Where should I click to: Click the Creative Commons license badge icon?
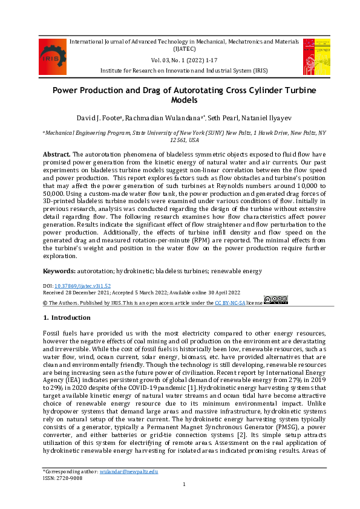275,300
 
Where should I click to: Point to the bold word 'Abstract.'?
57,155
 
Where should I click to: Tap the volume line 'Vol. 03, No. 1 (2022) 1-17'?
180,61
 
